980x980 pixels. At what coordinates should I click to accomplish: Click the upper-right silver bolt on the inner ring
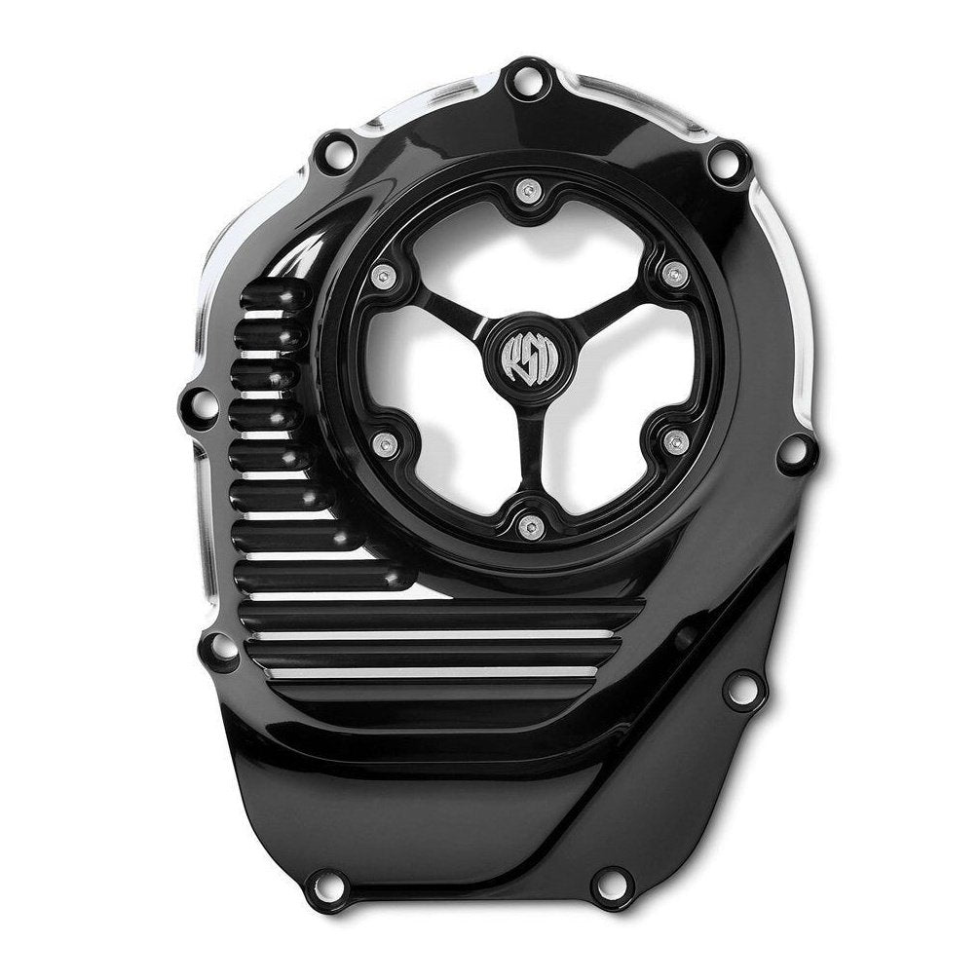tap(668, 277)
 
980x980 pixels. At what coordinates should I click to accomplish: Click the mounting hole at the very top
tap(526, 77)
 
